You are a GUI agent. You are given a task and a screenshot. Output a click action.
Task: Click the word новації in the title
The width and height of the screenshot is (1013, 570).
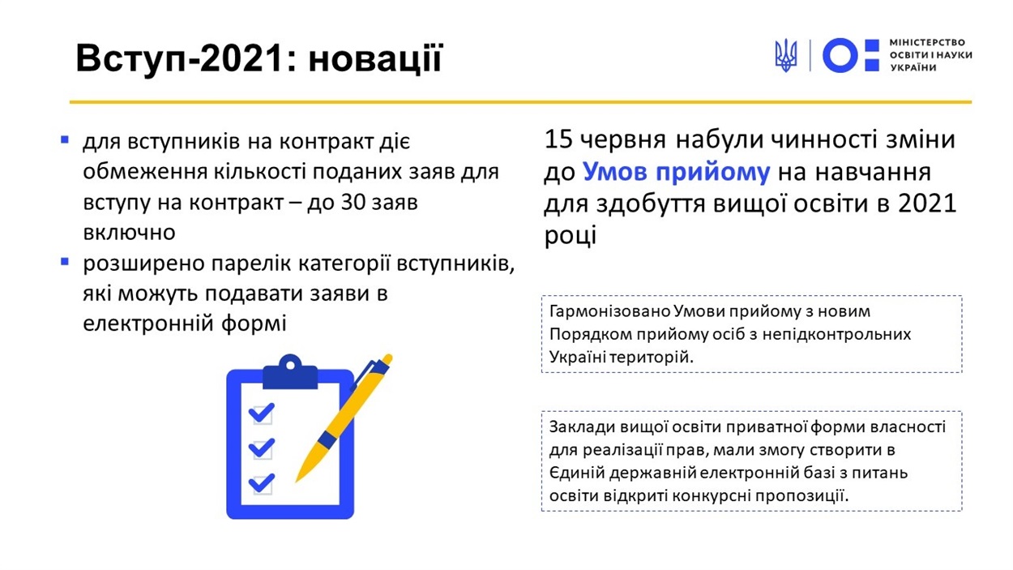(x=375, y=58)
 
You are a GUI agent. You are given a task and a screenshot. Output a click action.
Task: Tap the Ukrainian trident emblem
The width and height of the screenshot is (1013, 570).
(x=786, y=55)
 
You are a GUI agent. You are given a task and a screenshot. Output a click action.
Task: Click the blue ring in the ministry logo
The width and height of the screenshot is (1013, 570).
(x=840, y=55)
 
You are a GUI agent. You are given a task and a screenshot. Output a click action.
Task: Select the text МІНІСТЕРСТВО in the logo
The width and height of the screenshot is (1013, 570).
(x=927, y=42)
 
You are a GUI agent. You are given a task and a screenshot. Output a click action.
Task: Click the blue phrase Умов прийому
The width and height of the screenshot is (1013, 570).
(x=676, y=172)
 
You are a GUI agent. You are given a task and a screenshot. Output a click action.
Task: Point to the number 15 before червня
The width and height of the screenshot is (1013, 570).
(x=558, y=139)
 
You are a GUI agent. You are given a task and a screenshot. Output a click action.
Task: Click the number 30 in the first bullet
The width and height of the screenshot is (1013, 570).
(x=353, y=202)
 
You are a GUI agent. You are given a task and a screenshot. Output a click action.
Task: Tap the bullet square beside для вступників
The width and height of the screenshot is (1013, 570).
(x=65, y=139)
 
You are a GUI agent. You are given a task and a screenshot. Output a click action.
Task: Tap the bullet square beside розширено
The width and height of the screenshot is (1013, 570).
(x=65, y=261)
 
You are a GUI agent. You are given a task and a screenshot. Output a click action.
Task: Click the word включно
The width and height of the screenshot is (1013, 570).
(x=130, y=233)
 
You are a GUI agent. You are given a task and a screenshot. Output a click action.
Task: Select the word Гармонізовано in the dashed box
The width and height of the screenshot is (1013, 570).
(x=609, y=311)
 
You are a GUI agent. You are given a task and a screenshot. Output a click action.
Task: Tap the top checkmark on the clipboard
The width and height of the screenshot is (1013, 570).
(x=262, y=413)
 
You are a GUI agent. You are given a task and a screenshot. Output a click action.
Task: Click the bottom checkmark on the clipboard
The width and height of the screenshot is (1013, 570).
(x=262, y=482)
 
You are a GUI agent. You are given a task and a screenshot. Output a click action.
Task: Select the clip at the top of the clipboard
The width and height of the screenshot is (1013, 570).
(x=290, y=372)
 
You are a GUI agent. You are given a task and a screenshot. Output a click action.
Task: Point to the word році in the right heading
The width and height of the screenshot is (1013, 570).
(x=571, y=236)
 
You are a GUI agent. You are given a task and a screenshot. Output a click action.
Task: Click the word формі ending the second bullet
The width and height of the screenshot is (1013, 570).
(x=254, y=324)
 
